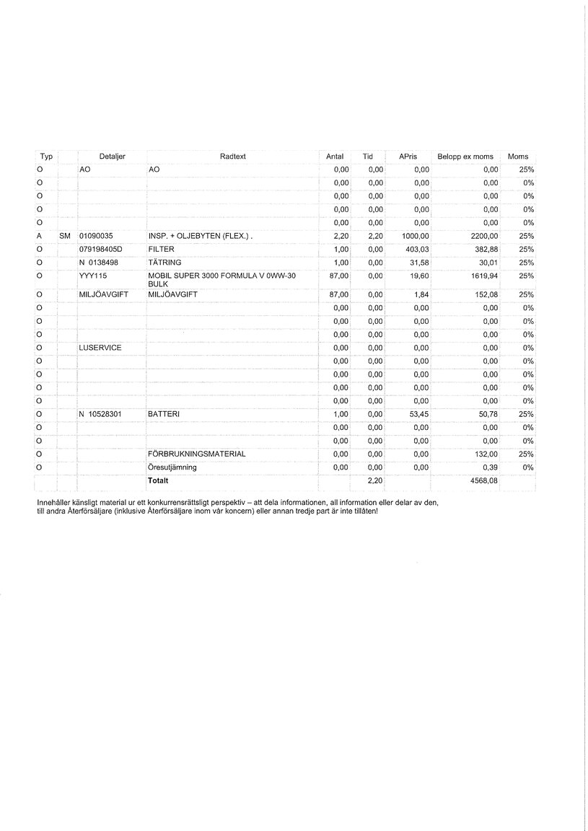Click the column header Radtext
pyautogui.click(x=233, y=157)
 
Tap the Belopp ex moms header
pyautogui.click(x=465, y=157)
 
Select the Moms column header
pyautogui.click(x=518, y=157)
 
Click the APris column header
pyautogui.click(x=398, y=157)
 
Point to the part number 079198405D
pyautogui.click(x=101, y=249)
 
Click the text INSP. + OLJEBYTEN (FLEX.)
pyautogui.click(x=201, y=236)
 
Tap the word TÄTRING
pyautogui.click(x=162, y=263)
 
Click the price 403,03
pyautogui.click(x=418, y=249)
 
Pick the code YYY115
pyautogui.click(x=93, y=276)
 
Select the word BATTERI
pyautogui.click(x=164, y=414)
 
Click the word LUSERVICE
pyautogui.click(x=100, y=348)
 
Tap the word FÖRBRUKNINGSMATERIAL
pyautogui.click(x=196, y=454)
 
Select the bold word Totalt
pyautogui.click(x=158, y=480)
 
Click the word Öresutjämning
pyautogui.click(x=172, y=467)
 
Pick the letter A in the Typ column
pyautogui.click(x=40, y=236)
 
